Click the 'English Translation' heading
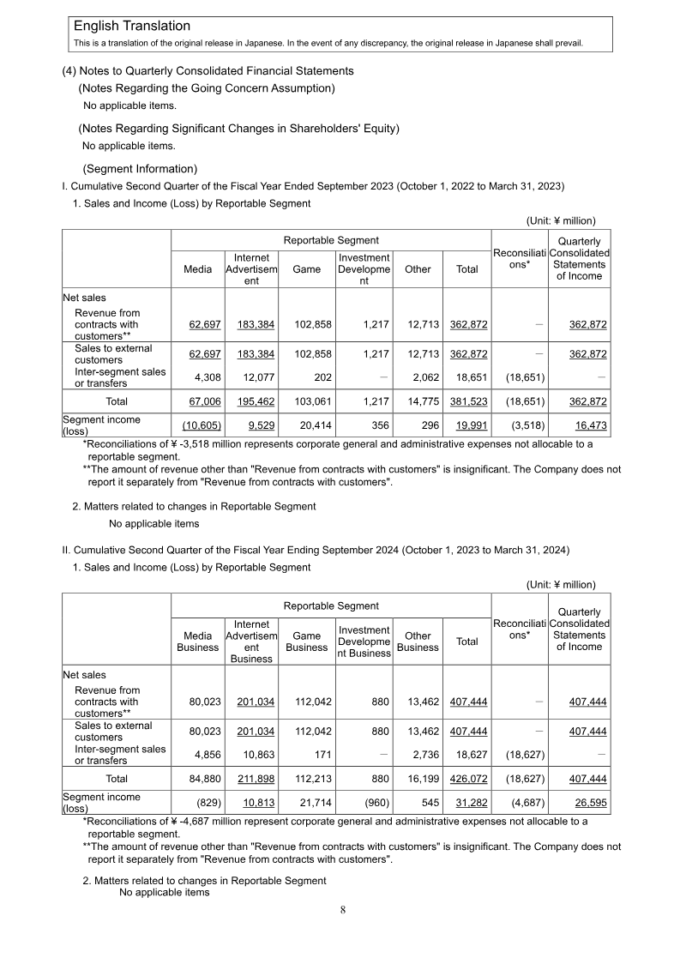132,27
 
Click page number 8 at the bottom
343,910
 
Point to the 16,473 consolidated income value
589,425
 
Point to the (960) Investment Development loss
375,803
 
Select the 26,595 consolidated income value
589,803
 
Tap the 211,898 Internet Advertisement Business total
256,778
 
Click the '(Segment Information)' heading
140,168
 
